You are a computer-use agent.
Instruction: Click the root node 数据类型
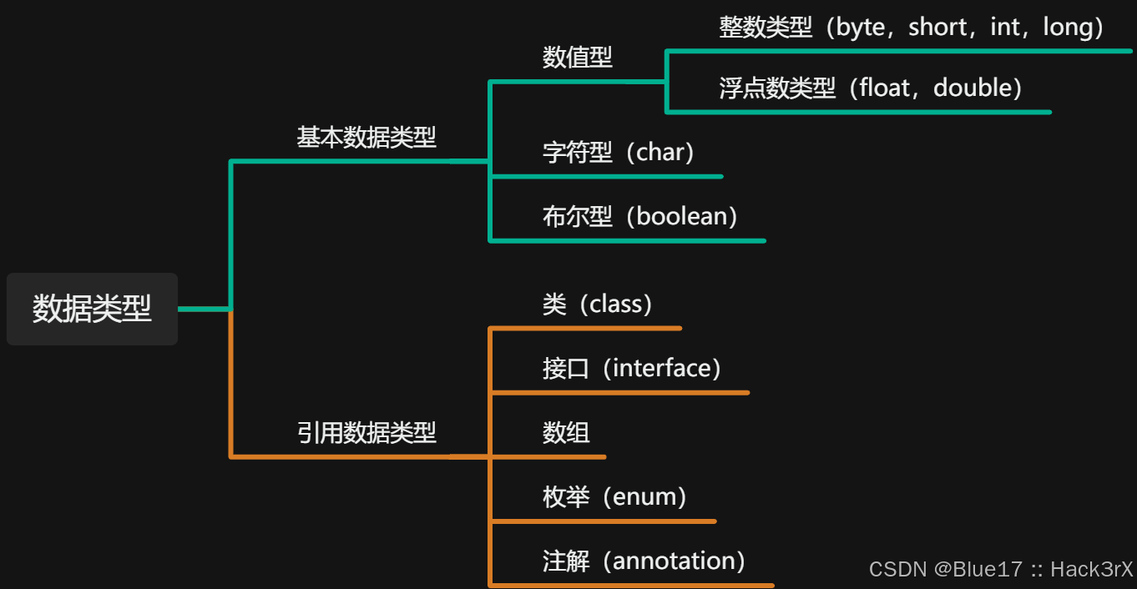pos(92,309)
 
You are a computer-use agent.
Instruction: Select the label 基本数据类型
pos(366,137)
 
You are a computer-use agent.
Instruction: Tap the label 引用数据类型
pos(366,432)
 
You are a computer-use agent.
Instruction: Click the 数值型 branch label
pos(577,57)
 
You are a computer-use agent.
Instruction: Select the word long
pos(1068,28)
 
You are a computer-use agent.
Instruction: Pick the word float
pos(887,88)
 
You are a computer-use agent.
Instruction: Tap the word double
pos(973,88)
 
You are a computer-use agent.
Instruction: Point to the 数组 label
pos(566,432)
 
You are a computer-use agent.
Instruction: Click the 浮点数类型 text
pos(776,88)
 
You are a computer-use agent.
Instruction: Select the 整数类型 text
pos(765,28)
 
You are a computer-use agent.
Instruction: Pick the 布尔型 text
pos(577,216)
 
